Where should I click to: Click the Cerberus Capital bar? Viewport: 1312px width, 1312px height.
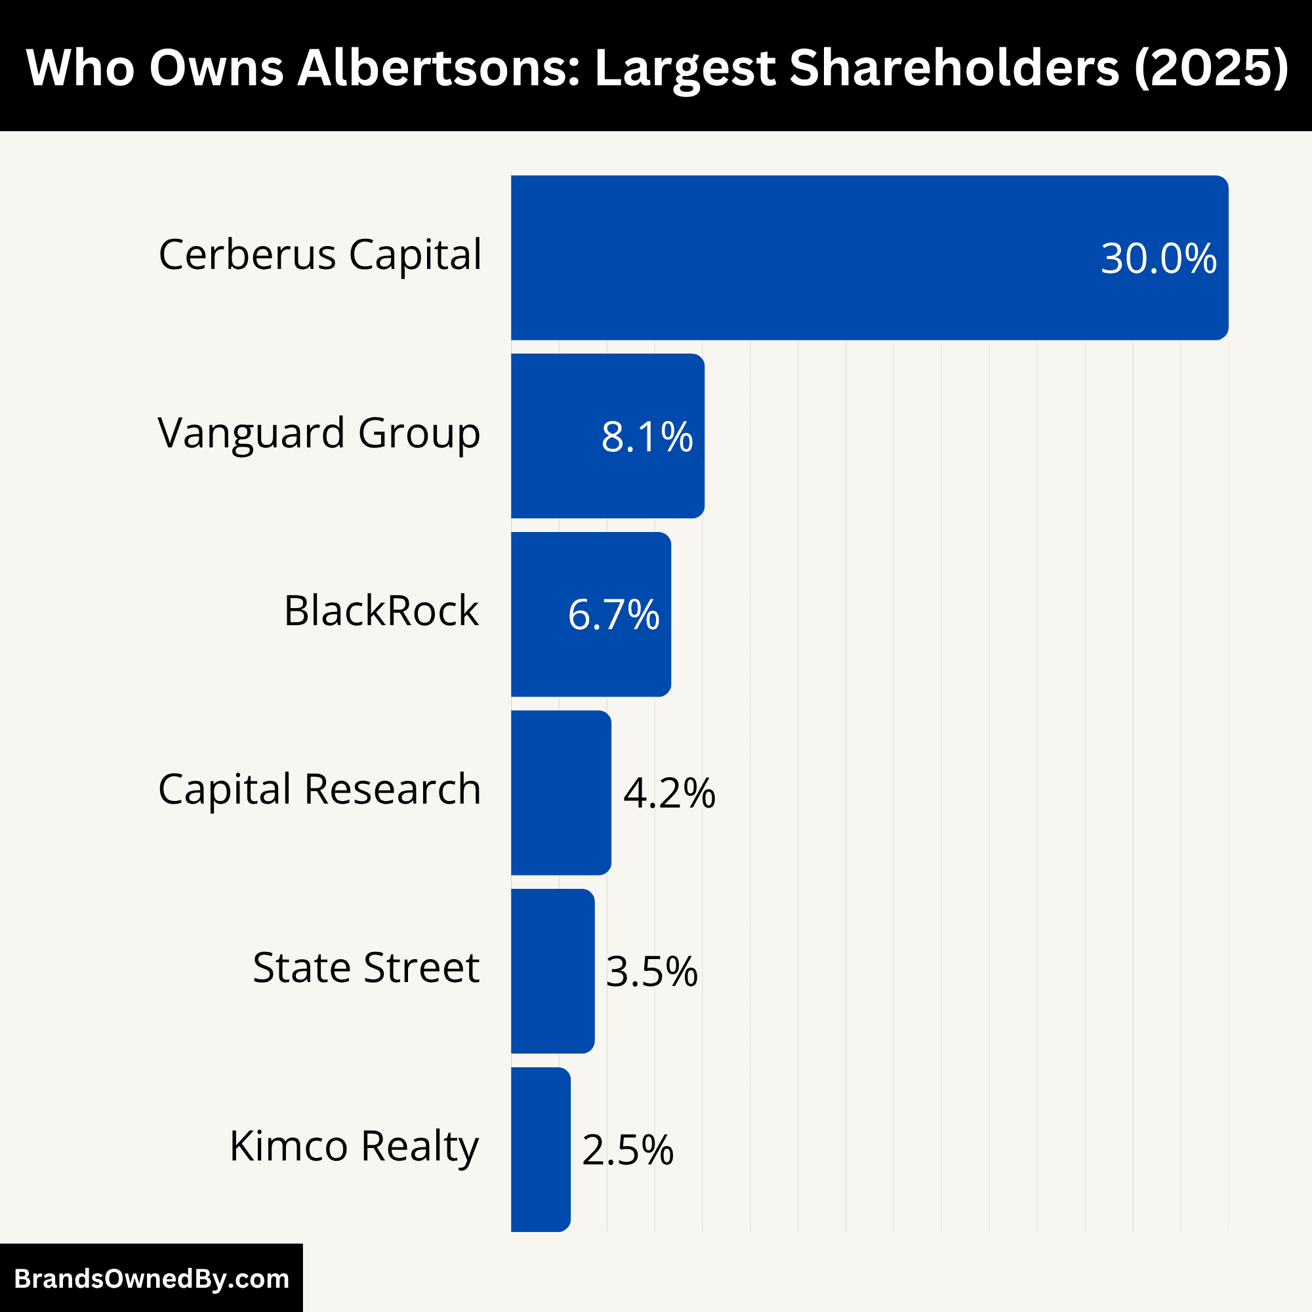click(869, 258)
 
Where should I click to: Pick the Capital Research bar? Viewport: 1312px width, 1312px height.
click(561, 792)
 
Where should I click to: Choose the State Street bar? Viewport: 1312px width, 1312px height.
click(553, 971)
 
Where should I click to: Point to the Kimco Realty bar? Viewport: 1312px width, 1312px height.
click(541, 1150)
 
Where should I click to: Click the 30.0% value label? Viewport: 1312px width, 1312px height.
click(1158, 258)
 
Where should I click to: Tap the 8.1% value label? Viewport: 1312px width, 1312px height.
click(647, 437)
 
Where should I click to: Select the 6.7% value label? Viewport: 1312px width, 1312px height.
click(613, 615)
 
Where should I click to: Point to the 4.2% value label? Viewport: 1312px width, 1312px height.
click(669, 793)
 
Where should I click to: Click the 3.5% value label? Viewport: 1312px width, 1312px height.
click(651, 972)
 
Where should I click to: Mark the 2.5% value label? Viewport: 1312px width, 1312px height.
click(628, 1151)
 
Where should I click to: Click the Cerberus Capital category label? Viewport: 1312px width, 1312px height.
click(320, 255)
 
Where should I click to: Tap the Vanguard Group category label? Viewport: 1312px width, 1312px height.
click(319, 433)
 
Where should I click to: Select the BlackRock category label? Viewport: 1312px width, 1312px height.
click(381, 611)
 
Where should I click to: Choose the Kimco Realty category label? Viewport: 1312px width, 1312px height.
click(354, 1146)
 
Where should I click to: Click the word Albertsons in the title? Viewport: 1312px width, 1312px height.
click(439, 68)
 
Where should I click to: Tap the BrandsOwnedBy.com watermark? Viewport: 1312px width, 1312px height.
click(152, 1279)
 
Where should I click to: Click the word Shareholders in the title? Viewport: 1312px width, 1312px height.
click(954, 68)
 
